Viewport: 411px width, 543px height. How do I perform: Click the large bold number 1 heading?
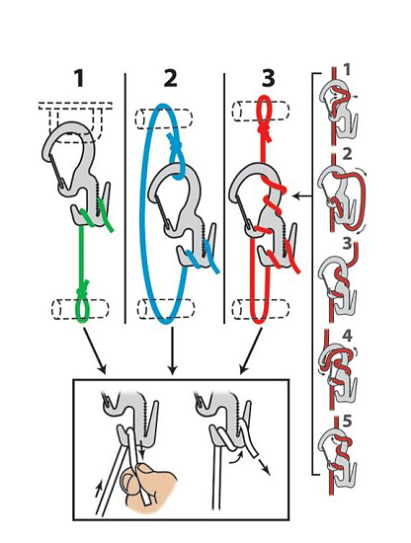pos(80,79)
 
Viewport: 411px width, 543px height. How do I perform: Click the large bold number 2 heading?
pos(170,79)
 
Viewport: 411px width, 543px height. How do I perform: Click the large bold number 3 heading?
pos(269,79)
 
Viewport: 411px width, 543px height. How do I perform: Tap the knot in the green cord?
pos(83,288)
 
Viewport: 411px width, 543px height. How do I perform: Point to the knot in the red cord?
pos(266,132)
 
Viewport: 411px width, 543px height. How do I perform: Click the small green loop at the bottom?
pos(83,309)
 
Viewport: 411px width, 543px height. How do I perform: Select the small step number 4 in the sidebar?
pos(347,336)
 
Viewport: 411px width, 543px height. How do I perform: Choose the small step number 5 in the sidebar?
pos(347,422)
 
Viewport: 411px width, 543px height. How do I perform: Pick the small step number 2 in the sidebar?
pos(347,154)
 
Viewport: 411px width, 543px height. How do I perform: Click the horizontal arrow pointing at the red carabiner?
pos(302,196)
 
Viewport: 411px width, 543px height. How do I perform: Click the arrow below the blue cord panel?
pos(172,351)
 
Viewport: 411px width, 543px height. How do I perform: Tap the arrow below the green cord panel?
pos(94,351)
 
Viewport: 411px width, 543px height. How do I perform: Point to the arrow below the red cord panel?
pos(251,351)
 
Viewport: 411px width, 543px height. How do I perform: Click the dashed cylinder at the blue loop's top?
pos(163,119)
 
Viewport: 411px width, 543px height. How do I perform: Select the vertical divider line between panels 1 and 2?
pos(124,198)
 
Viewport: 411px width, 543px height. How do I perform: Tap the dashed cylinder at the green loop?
pos(80,309)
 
